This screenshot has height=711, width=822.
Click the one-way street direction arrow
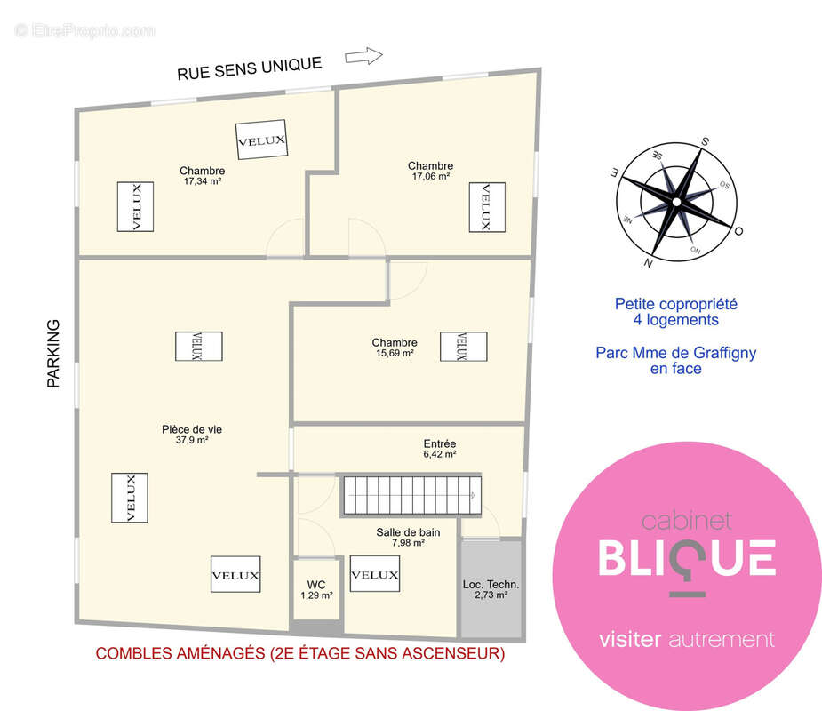(x=363, y=56)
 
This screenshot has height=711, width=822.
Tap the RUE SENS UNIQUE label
(x=250, y=68)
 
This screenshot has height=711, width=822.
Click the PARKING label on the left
(x=53, y=354)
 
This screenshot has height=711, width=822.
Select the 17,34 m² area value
(x=203, y=181)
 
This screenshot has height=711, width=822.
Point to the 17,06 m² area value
(x=431, y=177)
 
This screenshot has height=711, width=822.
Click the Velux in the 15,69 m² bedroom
(x=463, y=347)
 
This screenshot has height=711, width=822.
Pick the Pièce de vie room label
(x=192, y=429)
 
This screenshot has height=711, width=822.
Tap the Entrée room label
(x=440, y=443)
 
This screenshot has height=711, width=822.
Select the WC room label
(x=316, y=585)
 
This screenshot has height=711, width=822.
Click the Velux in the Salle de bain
(x=375, y=574)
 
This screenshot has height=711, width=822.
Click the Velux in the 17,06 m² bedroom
(x=487, y=207)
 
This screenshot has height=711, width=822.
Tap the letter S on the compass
(x=706, y=141)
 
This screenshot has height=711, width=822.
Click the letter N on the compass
(x=649, y=263)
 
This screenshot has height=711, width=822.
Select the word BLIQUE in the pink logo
(x=687, y=559)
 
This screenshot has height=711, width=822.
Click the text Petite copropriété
(x=676, y=304)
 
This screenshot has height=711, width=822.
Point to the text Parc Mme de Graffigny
(x=676, y=353)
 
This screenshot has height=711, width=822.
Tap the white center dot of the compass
(x=677, y=202)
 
